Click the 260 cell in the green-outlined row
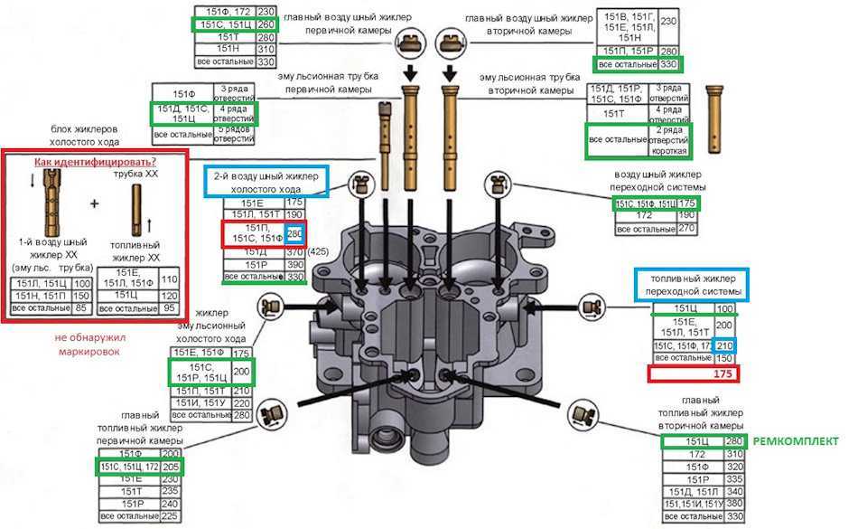[x=266, y=25]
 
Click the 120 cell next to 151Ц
[x=168, y=295]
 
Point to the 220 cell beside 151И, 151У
[x=241, y=402]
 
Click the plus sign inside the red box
[x=94, y=203]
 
